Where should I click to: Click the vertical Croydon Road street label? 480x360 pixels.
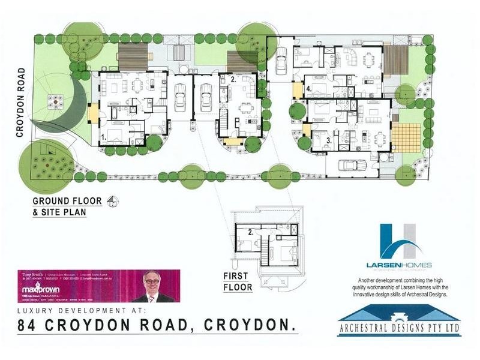[21, 103]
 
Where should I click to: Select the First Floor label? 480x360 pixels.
[238, 283]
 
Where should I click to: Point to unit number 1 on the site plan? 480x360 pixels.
[104, 137]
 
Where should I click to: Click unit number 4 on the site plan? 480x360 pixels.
[308, 89]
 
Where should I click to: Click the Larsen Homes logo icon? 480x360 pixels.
[398, 242]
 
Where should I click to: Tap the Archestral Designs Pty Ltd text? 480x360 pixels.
[398, 329]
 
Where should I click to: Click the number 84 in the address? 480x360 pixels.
[31, 327]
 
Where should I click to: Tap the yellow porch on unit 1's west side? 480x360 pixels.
[93, 113]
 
